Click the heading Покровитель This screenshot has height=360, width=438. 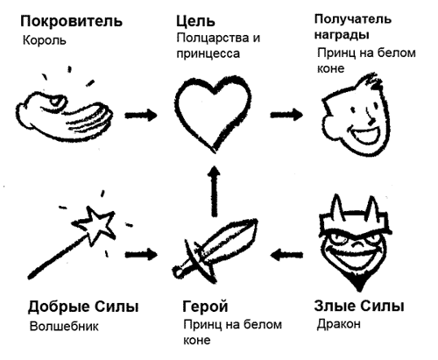tap(71, 21)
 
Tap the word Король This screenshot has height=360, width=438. tap(45, 40)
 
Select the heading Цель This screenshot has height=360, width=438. tap(195, 22)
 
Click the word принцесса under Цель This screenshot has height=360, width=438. tap(208, 54)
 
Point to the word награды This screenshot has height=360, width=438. tap(342, 35)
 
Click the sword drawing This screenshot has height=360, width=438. tap(215, 250)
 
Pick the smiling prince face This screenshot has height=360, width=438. tap(356, 116)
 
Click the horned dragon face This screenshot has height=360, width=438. tap(354, 243)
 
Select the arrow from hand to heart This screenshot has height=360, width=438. tap(141, 115)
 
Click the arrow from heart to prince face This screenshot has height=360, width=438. tap(286, 114)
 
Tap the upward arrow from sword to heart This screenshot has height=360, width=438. tap(215, 191)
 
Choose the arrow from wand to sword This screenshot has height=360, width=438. tap(141, 254)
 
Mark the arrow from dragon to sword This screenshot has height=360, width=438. tap(286, 255)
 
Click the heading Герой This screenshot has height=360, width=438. tap(205, 307)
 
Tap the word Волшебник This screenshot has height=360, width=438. tap(64, 327)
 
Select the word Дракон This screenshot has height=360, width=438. tap(339, 324)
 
